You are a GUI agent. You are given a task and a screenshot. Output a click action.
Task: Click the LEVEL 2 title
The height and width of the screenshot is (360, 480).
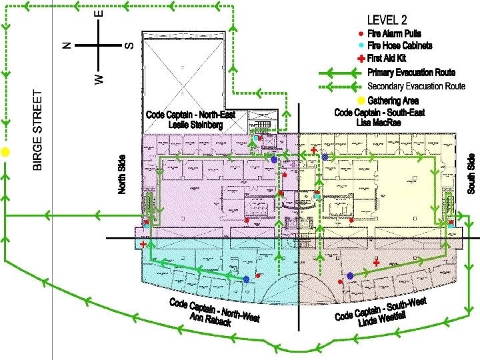coord(387,20)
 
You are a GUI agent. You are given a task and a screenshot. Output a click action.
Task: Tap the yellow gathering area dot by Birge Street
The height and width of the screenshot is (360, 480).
coord(5,152)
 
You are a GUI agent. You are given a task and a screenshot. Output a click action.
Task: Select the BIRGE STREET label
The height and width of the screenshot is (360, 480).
coord(37,130)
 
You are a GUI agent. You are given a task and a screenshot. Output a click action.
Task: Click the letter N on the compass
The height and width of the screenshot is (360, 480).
coord(67,45)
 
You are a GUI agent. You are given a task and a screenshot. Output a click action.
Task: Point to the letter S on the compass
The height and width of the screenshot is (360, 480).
coord(129,46)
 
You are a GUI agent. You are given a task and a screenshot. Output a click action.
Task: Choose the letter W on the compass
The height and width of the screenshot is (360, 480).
coord(99,79)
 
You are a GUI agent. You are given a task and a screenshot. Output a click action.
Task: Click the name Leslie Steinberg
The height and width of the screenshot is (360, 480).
coord(195,125)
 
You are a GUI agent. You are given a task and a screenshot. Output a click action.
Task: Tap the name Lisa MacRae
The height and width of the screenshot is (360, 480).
coord(379,123)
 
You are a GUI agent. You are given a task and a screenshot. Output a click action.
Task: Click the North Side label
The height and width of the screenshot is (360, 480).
coord(122,175)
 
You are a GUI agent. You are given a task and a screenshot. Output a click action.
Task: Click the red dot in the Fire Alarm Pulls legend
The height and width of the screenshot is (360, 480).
coord(361,34)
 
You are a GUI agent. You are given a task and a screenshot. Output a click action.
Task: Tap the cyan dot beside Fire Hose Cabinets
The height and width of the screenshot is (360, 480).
coord(361,45)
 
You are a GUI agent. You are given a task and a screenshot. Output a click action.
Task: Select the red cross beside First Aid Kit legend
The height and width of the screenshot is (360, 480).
coord(361,58)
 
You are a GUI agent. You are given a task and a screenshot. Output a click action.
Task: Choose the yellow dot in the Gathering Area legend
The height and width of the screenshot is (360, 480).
coord(361,101)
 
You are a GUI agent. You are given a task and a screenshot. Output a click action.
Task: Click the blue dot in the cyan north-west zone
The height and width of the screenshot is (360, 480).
coord(247,279)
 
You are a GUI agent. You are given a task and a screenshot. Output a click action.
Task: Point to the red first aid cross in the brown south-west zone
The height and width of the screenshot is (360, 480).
coord(376,263)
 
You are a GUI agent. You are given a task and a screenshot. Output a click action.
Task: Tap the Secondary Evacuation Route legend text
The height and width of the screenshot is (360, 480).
coord(416,86)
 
